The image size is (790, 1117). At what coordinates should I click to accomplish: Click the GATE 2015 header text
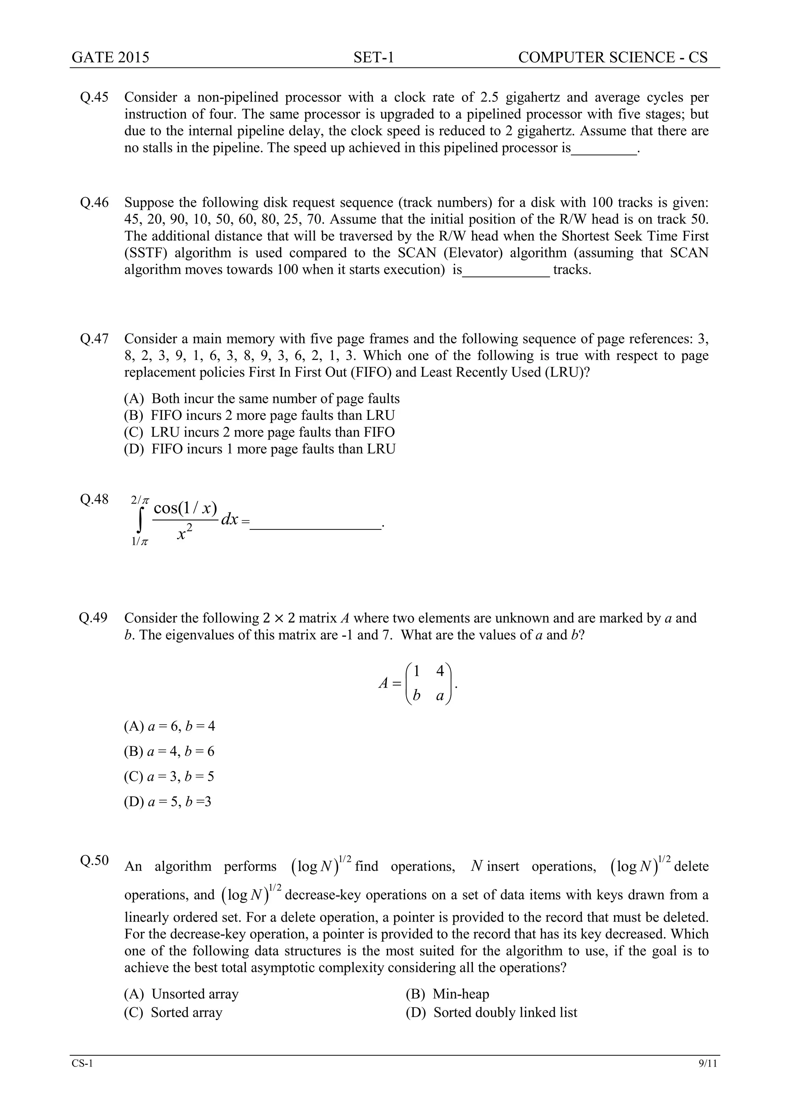pyautogui.click(x=110, y=57)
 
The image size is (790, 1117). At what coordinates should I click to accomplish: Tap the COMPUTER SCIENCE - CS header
pyautogui.click(x=613, y=57)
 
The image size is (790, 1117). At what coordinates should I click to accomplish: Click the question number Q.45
pyautogui.click(x=95, y=97)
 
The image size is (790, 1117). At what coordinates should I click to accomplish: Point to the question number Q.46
pyautogui.click(x=95, y=203)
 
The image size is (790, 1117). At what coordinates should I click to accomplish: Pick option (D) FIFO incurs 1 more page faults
pyautogui.click(x=259, y=449)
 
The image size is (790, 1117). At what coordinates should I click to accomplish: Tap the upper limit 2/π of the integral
pyautogui.click(x=140, y=500)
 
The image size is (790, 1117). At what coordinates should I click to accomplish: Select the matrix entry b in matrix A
pyautogui.click(x=416, y=696)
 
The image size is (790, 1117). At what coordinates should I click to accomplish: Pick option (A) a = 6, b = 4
pyautogui.click(x=169, y=727)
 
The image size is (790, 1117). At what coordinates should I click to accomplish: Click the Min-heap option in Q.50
pyautogui.click(x=447, y=994)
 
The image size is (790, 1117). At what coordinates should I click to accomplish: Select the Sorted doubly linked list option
pyautogui.click(x=492, y=1012)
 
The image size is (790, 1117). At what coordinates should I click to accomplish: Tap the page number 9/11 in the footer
pyautogui.click(x=708, y=1076)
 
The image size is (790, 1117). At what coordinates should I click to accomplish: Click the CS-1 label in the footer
pyautogui.click(x=82, y=1076)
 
